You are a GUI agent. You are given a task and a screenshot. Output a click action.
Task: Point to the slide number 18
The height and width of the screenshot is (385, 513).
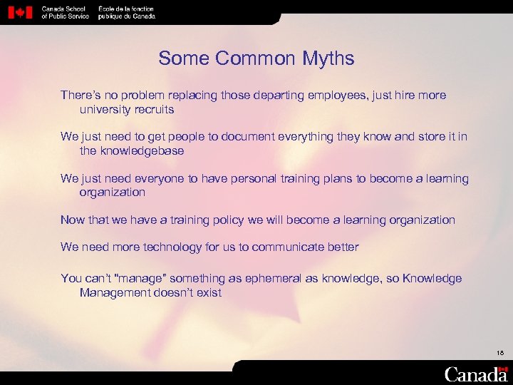pos(499,352)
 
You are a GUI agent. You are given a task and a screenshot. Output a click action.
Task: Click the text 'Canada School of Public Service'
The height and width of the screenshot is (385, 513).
pos(66,13)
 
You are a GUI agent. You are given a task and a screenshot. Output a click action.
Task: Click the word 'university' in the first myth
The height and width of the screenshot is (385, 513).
pos(105,110)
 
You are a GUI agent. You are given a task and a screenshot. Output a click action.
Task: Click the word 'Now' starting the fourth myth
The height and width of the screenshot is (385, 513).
pos(72,220)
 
